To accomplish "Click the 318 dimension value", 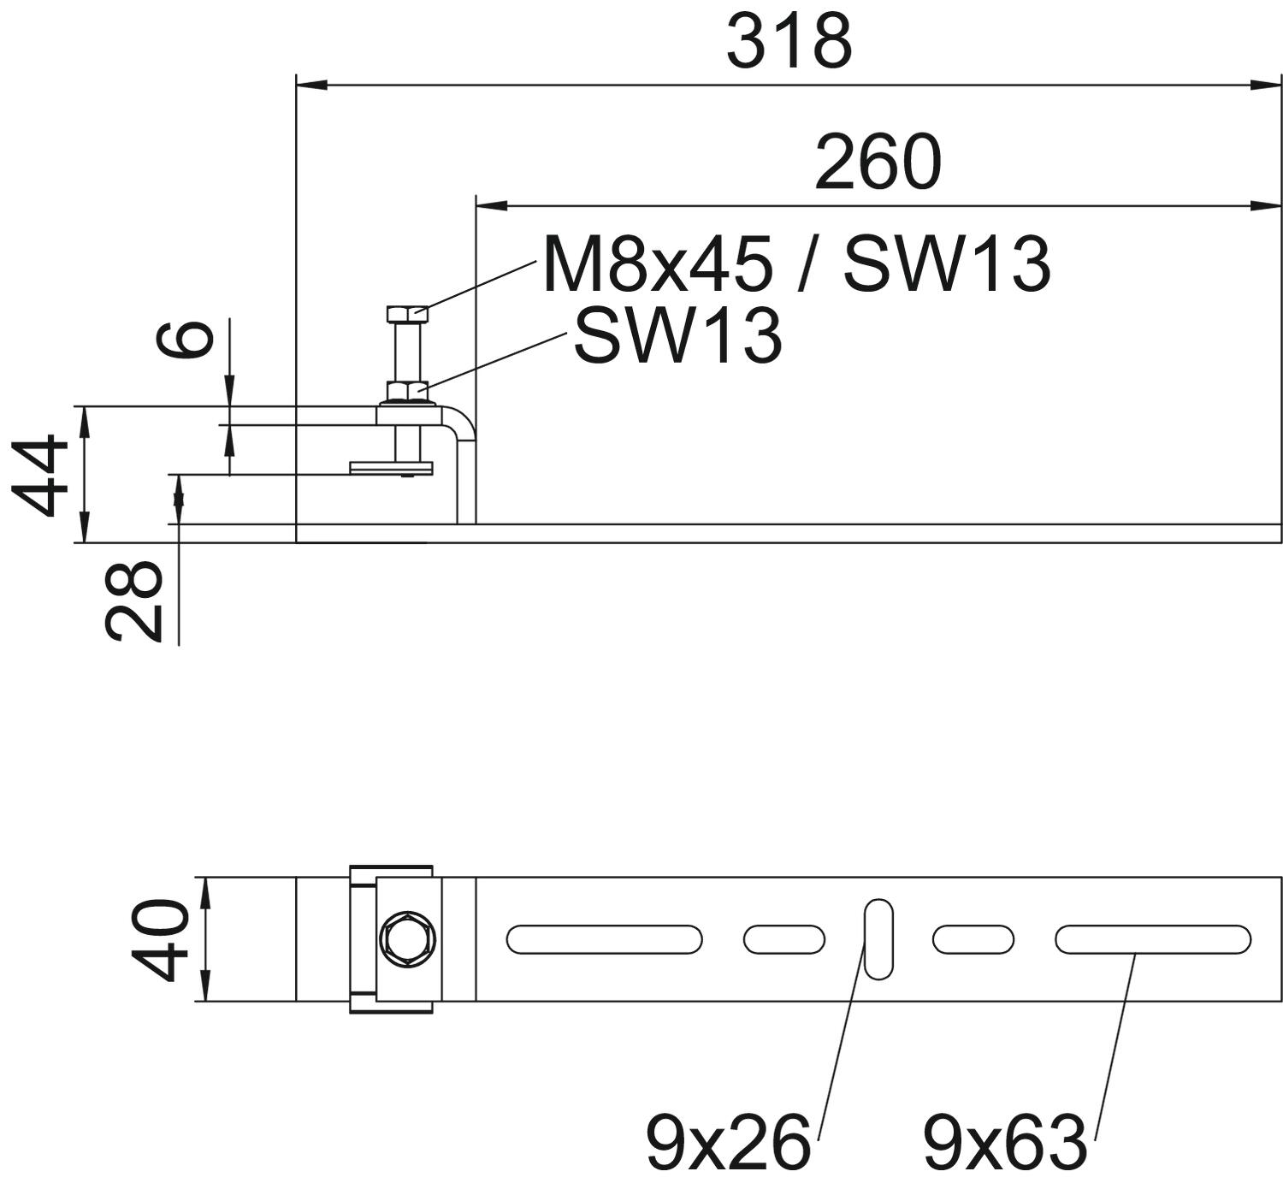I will click(x=789, y=41).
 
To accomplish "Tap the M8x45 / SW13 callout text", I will click(x=795, y=264).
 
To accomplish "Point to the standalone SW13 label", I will click(x=677, y=336).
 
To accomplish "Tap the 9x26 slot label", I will click(x=727, y=1141).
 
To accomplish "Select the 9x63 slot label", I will click(x=1004, y=1141).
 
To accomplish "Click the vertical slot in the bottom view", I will click(x=878, y=938).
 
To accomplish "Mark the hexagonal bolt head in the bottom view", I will click(x=408, y=939).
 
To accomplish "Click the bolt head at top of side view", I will click(x=407, y=312).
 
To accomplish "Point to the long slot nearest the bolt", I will click(x=604, y=939).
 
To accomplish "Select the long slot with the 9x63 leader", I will click(x=1152, y=939).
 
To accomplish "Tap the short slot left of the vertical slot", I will click(x=783, y=939).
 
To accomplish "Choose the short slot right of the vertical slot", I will click(x=973, y=939).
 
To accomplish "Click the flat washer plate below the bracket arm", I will click(x=392, y=467).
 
